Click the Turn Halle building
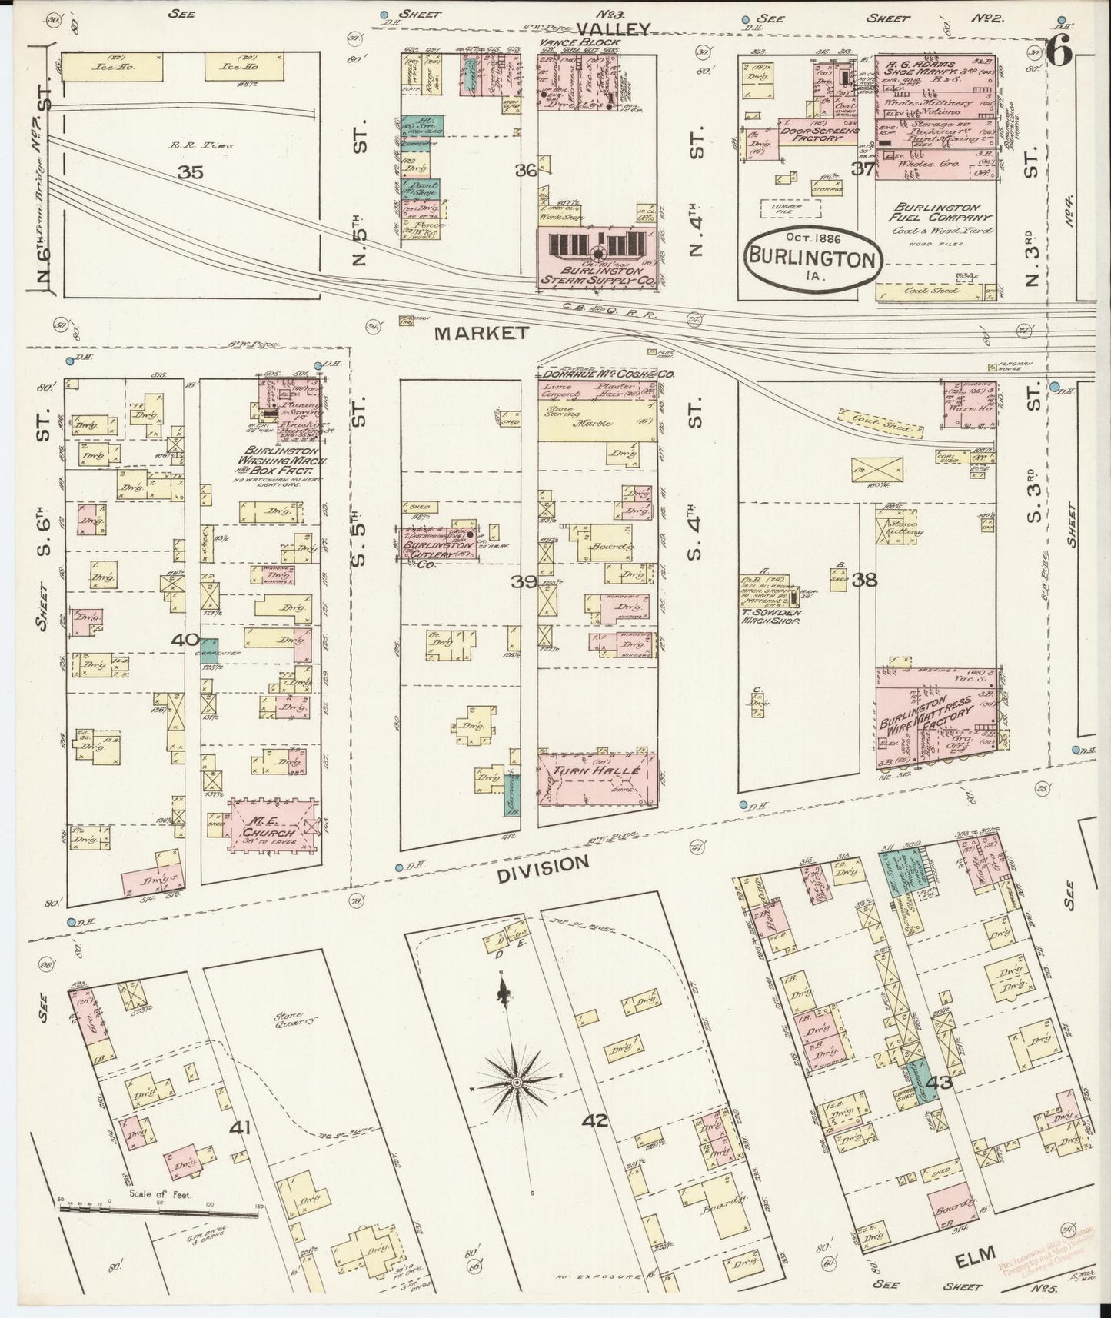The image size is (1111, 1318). pyautogui.click(x=597, y=778)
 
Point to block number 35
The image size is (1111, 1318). pyautogui.click(x=190, y=173)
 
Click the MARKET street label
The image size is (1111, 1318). pyautogui.click(x=481, y=332)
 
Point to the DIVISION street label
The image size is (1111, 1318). pyautogui.click(x=543, y=865)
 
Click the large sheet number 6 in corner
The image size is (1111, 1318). pyautogui.click(x=1059, y=55)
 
